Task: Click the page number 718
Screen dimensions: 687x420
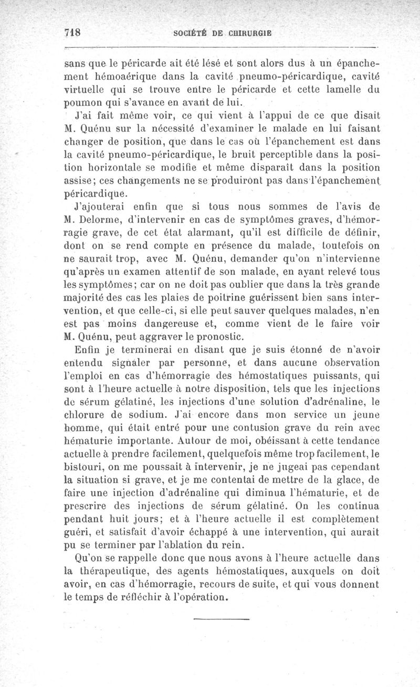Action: tap(71, 31)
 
